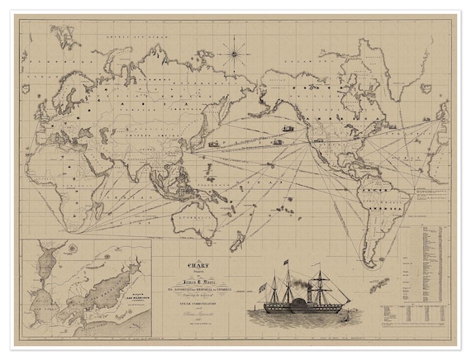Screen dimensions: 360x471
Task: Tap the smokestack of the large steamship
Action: click(310, 291)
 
